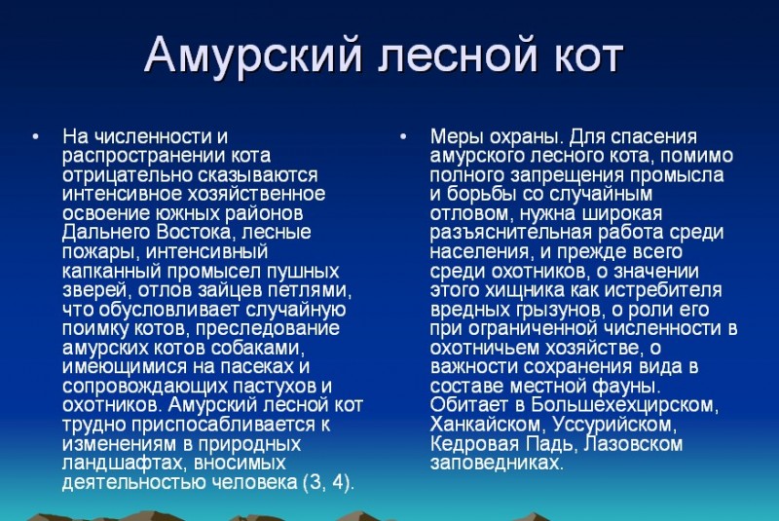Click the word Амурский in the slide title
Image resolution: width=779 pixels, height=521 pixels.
253,55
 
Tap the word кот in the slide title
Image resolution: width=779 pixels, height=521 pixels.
588,55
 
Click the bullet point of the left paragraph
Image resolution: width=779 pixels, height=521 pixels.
35,136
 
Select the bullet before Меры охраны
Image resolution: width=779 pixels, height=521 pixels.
403,136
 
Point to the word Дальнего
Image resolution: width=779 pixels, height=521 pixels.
106,233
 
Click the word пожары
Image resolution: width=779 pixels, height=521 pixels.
101,252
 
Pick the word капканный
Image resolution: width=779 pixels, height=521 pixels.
112,271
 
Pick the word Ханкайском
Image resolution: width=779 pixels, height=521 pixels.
488,425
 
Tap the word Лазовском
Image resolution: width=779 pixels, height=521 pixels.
632,443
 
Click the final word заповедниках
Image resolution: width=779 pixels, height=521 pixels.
497,463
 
